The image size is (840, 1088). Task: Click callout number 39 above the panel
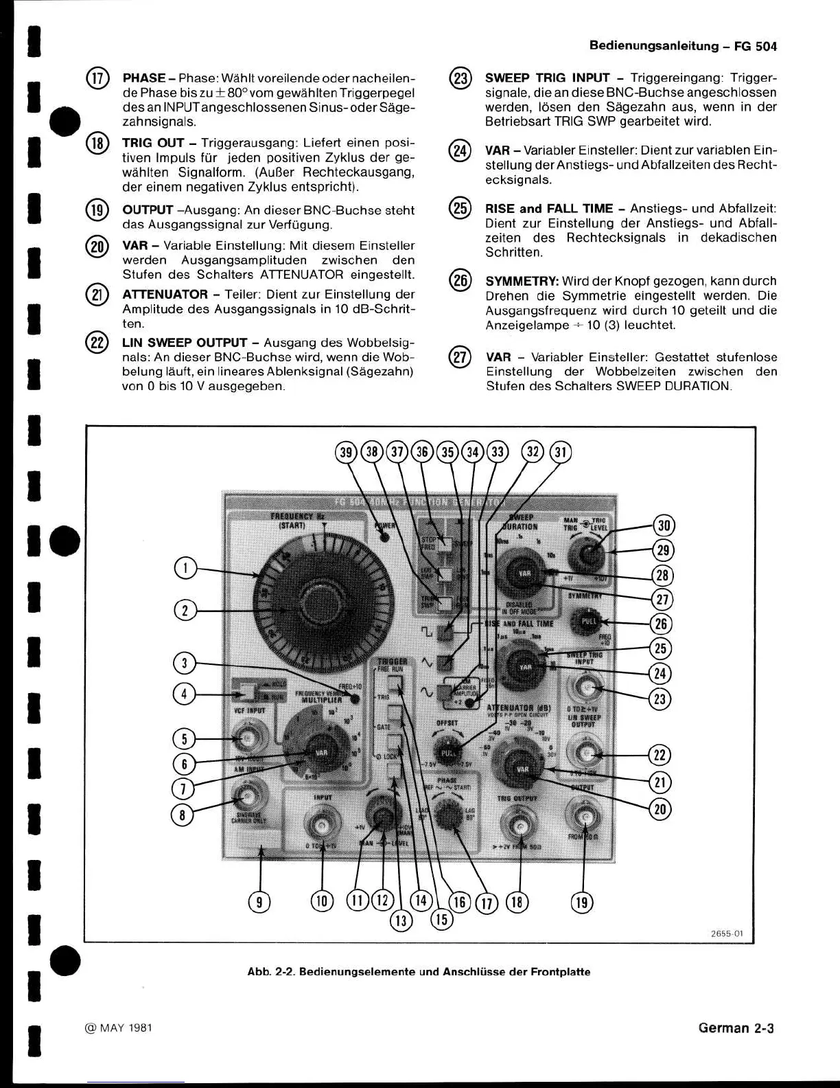coord(347,451)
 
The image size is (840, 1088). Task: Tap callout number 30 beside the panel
coord(664,526)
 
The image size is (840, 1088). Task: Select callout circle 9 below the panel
coord(259,901)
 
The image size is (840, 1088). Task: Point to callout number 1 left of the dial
coord(185,568)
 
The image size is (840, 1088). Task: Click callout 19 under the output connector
coord(582,901)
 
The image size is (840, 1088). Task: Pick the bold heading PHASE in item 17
coord(143,78)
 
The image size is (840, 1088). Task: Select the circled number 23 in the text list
coord(460,78)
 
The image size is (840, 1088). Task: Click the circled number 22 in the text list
coord(97,343)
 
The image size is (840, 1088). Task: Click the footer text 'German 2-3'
coord(736,1028)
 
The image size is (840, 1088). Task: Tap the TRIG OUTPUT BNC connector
coord(521,824)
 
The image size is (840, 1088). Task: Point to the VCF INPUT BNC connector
coord(247,739)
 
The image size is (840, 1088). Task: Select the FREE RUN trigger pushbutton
coord(395,682)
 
